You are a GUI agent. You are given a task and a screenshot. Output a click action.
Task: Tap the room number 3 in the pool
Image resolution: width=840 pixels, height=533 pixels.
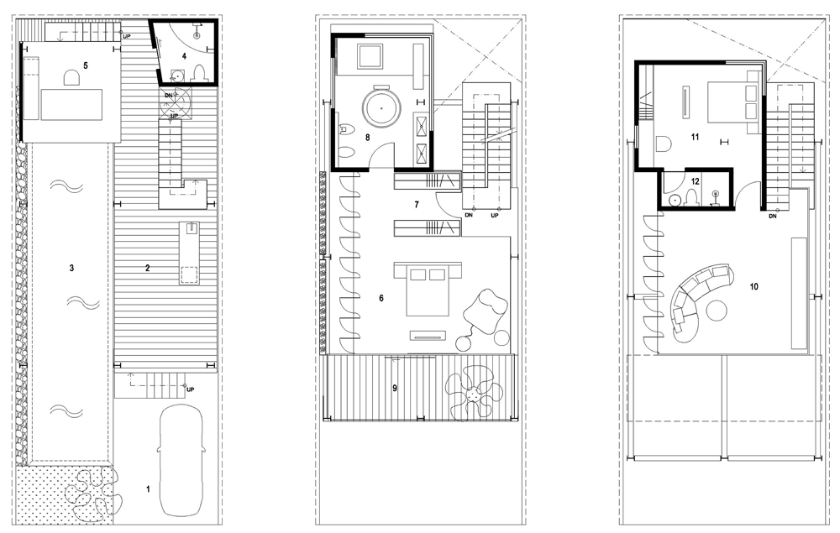pyautogui.click(x=71, y=268)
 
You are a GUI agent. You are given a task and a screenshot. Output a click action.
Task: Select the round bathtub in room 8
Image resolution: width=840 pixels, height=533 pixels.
pyautogui.click(x=381, y=107)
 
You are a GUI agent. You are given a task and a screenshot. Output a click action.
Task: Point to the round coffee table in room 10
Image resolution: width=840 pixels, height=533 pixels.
pyautogui.click(x=716, y=311)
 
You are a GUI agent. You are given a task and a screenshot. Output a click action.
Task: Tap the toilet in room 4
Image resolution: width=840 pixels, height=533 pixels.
pyautogui.click(x=199, y=73)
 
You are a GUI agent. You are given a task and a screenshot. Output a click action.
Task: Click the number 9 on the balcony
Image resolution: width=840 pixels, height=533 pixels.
pyautogui.click(x=395, y=388)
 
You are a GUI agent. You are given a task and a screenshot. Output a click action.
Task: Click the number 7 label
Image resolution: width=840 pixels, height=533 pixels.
pyautogui.click(x=417, y=205)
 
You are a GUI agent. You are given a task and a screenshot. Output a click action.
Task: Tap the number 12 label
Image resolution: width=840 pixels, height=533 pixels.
pyautogui.click(x=696, y=181)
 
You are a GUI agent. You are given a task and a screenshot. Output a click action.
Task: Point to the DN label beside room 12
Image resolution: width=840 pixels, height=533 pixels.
pyautogui.click(x=773, y=217)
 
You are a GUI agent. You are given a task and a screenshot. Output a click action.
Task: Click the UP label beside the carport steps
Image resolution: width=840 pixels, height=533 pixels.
pyautogui.click(x=190, y=389)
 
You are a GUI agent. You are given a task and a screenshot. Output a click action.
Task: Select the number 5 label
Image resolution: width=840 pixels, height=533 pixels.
pyautogui.click(x=85, y=65)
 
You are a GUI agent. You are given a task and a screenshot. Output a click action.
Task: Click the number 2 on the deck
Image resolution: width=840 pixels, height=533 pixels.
pyautogui.click(x=148, y=268)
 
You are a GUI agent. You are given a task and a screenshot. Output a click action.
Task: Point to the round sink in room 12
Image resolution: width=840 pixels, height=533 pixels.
pyautogui.click(x=676, y=200)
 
